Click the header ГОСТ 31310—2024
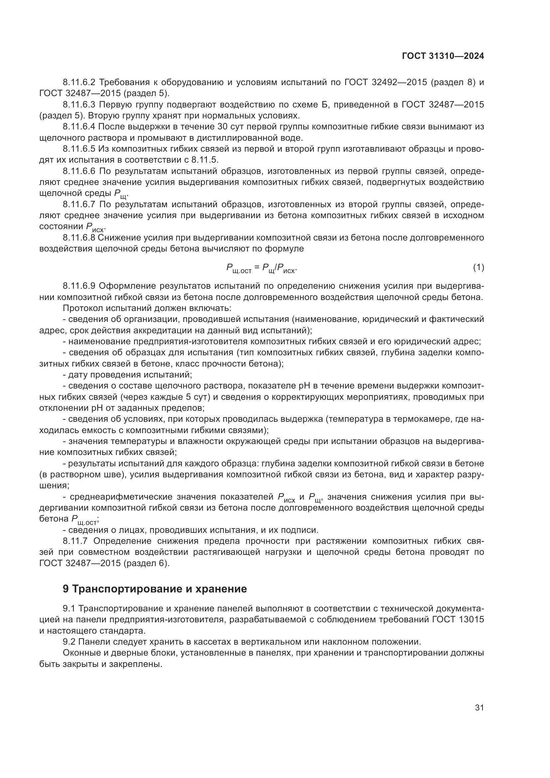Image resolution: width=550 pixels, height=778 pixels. click(x=443, y=56)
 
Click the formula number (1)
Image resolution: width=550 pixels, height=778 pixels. click(x=478, y=267)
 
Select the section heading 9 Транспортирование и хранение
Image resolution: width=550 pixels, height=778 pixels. click(x=155, y=589)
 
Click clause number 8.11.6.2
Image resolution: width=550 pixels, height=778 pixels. click(x=79, y=82)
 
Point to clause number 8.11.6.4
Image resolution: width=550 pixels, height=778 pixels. click(x=79, y=127)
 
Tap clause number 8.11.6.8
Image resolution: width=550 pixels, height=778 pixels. click(x=79, y=237)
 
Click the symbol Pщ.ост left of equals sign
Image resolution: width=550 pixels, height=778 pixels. click(x=239, y=269)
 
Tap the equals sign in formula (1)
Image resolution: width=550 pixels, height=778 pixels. click(x=257, y=268)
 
